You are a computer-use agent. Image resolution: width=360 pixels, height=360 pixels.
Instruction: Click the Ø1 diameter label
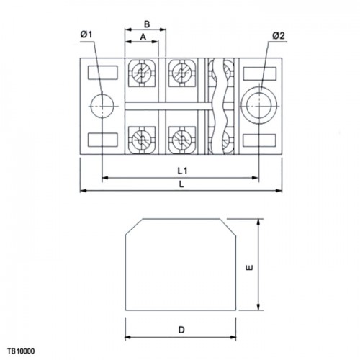point(86,35)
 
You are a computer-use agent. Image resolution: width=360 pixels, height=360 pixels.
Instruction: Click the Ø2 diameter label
point(279,36)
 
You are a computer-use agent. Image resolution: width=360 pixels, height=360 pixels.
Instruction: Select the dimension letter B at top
point(147,24)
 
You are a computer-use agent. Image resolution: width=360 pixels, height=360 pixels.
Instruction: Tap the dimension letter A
point(143,37)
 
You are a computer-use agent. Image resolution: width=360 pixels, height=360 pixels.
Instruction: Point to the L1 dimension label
point(182,171)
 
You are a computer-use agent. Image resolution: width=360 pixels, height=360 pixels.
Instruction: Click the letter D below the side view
point(181,330)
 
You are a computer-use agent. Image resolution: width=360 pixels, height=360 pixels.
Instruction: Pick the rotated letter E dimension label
point(250,267)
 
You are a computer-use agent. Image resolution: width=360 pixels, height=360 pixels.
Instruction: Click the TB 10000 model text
point(21,351)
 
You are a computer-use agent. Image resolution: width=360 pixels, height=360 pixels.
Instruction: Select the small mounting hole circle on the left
point(102,106)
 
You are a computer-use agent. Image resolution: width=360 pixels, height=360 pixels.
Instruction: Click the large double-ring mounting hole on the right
point(259,106)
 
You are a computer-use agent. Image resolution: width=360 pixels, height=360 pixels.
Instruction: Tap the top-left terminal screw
point(142,73)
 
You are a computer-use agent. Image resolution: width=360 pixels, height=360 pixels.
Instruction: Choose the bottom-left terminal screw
point(142,140)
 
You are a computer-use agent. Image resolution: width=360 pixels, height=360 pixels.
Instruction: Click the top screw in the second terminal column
point(182,73)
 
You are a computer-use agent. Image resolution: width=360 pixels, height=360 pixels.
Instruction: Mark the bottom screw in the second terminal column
point(182,140)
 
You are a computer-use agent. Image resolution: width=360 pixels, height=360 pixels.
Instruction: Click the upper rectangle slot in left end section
point(103,73)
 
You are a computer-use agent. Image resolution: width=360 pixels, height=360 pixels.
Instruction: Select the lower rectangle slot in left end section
point(103,140)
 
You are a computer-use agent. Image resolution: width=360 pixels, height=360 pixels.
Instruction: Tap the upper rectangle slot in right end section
point(260,73)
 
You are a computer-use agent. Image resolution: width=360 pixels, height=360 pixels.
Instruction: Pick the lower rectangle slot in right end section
point(260,140)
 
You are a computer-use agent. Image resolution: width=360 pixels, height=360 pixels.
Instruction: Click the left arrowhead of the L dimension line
point(83,191)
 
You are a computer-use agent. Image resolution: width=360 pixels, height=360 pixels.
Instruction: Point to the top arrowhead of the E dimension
point(258,222)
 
